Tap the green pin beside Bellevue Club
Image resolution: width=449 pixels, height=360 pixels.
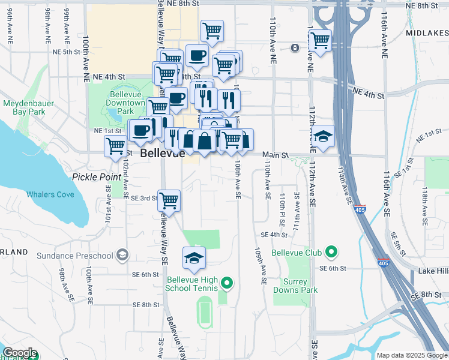[x=330, y=251]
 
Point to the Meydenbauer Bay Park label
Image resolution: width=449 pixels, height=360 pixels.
[x=24, y=107]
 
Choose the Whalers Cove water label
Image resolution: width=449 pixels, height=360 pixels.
[x=50, y=194]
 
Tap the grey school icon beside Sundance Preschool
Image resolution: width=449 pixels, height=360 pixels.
[x=123, y=256]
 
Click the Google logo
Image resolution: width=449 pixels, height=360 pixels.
[x=20, y=353]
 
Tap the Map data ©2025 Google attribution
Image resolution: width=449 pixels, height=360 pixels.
[x=411, y=355]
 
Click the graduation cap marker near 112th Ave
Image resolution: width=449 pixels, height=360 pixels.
[x=323, y=136]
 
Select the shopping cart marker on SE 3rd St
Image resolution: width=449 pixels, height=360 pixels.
[x=169, y=200]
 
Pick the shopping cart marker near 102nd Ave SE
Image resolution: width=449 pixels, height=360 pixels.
[x=115, y=145]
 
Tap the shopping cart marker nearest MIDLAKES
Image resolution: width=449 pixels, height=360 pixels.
[x=320, y=41]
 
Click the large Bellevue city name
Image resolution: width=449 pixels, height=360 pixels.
[x=162, y=154]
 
